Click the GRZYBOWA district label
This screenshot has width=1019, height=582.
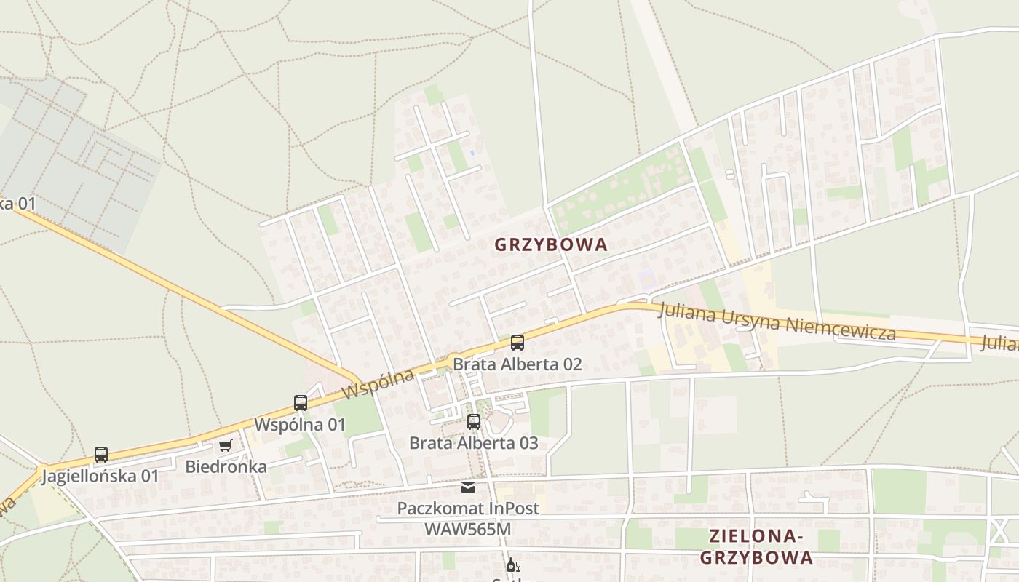click(x=551, y=244)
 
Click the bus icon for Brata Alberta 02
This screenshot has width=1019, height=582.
click(x=517, y=342)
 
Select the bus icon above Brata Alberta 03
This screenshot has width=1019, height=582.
click(x=474, y=421)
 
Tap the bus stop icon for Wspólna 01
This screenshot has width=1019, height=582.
click(x=300, y=402)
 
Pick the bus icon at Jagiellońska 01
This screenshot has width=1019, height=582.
click(x=101, y=455)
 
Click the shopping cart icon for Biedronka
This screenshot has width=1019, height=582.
click(x=226, y=445)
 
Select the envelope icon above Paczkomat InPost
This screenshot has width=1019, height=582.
click(x=468, y=487)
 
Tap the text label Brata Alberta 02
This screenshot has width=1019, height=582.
click(x=517, y=364)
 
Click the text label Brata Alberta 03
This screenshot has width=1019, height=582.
click(x=473, y=442)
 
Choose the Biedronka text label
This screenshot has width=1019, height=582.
click(x=226, y=466)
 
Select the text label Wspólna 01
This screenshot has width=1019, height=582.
click(x=299, y=424)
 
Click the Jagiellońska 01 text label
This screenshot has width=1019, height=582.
click(x=100, y=477)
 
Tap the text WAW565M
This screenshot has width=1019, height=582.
click(x=468, y=529)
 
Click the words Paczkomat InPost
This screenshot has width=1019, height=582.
click(x=468, y=508)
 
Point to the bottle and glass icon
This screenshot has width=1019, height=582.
click(x=513, y=565)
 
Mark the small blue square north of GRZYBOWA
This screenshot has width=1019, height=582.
click(x=472, y=152)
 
